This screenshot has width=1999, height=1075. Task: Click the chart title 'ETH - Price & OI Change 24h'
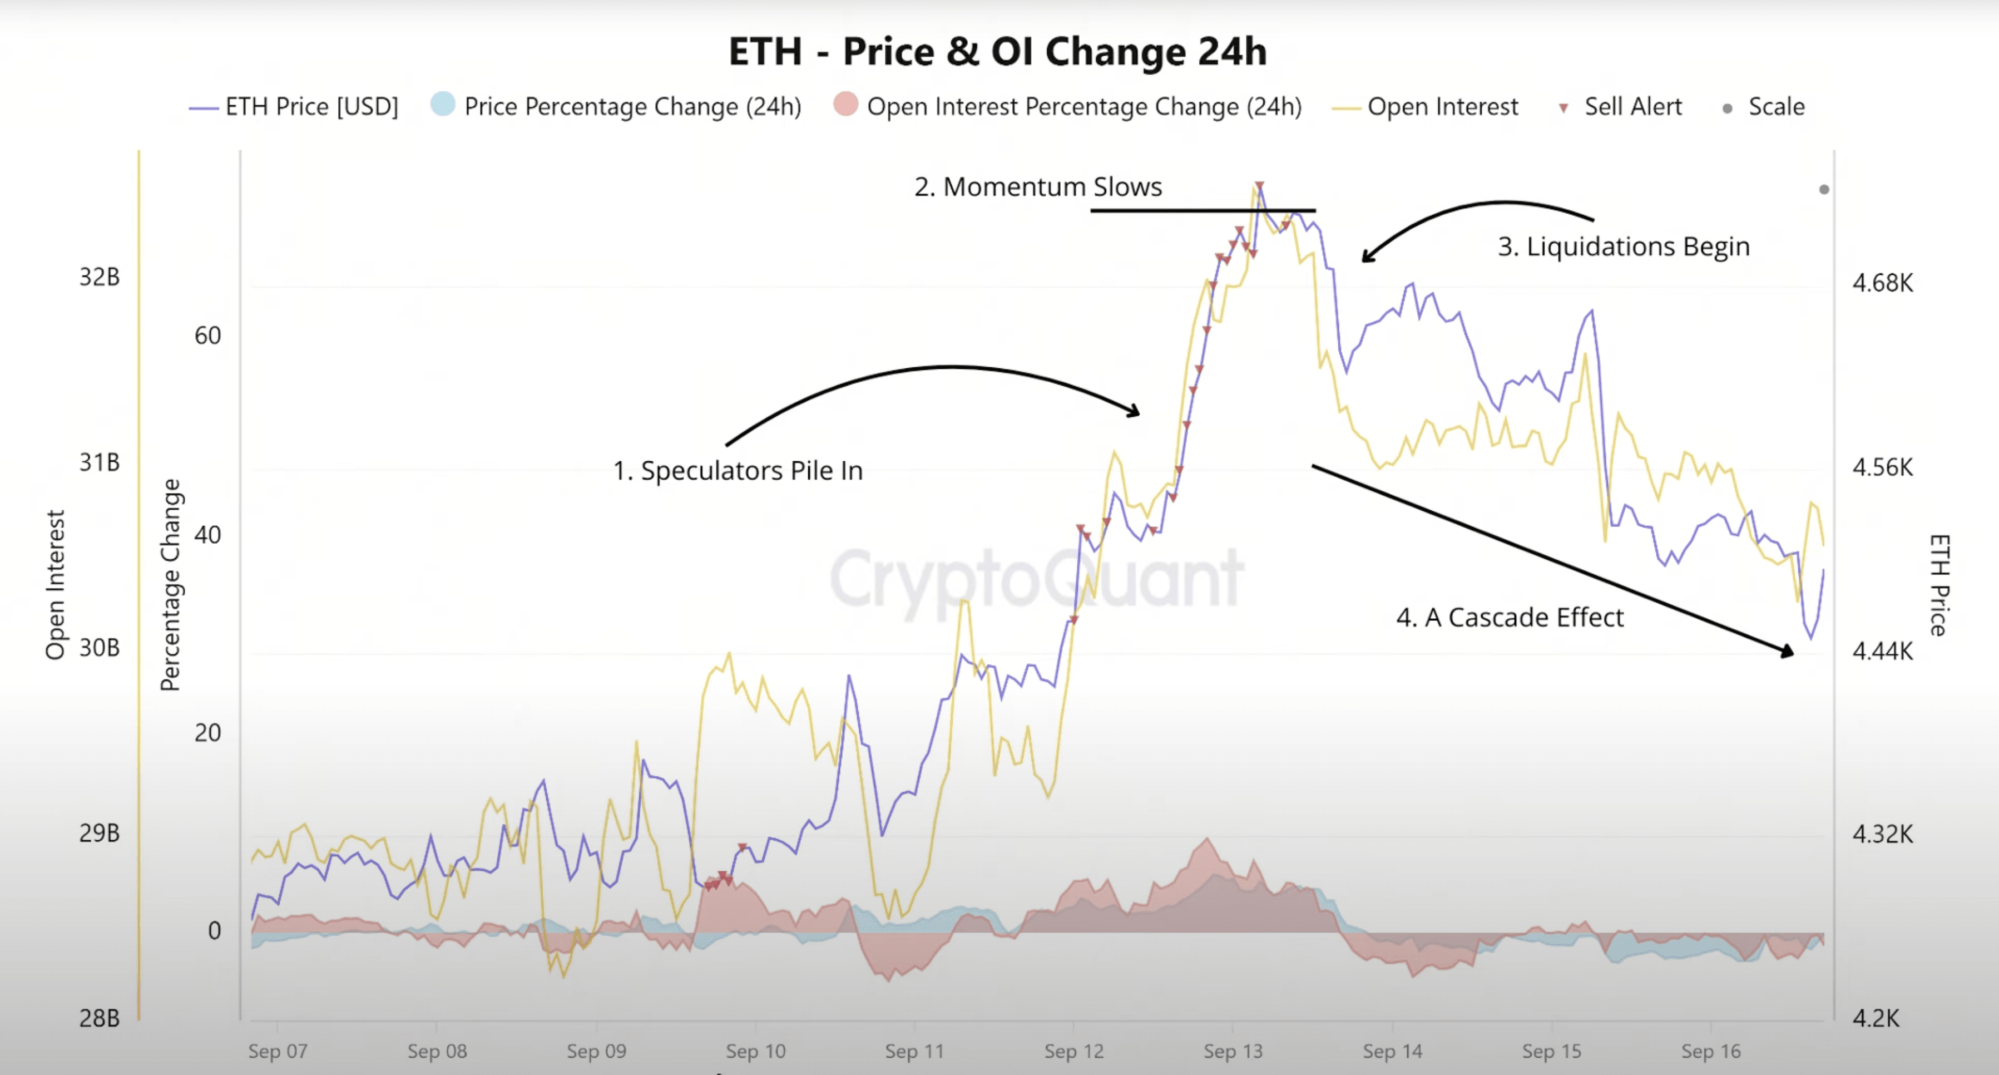pyautogui.click(x=997, y=51)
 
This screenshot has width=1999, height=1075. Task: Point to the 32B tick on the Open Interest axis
pyautogui.click(x=100, y=277)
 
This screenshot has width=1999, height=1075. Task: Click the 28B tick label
pyautogui.click(x=100, y=1018)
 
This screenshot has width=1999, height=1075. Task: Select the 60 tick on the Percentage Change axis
pyautogui.click(x=207, y=336)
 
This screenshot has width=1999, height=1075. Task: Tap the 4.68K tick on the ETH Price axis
pyautogui.click(x=1883, y=283)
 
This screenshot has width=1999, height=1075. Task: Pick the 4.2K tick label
pyautogui.click(x=1877, y=1018)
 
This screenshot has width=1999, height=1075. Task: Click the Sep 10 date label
pyautogui.click(x=755, y=1052)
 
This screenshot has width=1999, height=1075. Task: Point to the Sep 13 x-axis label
pyautogui.click(x=1233, y=1052)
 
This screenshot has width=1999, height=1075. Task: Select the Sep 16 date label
pyautogui.click(x=1711, y=1052)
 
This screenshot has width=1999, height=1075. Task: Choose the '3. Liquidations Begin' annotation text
pyautogui.click(x=1624, y=247)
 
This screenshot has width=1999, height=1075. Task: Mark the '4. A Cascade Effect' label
pyautogui.click(x=1510, y=618)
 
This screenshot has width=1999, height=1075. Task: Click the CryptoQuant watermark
pyautogui.click(x=1037, y=578)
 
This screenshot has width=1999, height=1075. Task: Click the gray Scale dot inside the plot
pyautogui.click(x=1824, y=189)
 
